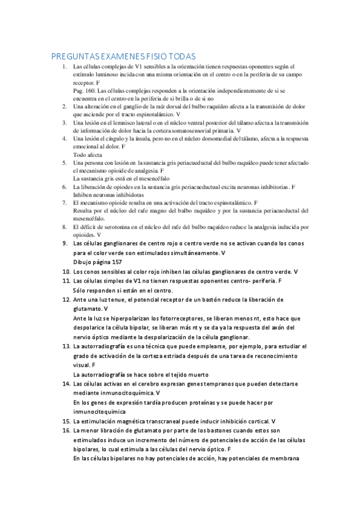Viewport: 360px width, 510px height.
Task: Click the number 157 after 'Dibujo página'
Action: pyautogui.click(x=114, y=262)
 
